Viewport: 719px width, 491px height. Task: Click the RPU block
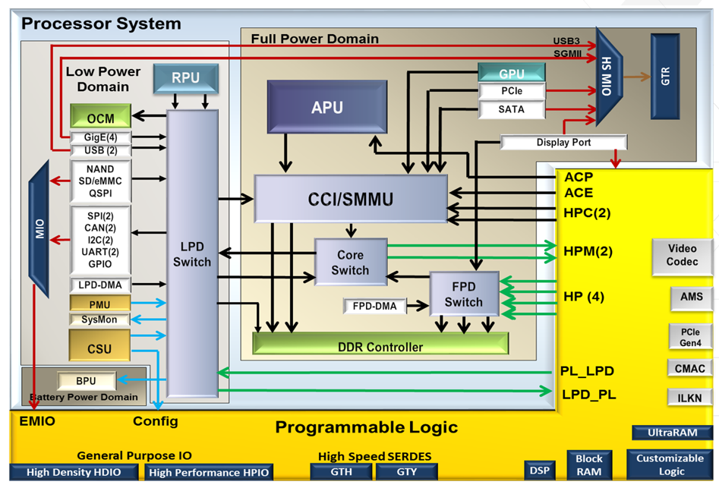pyautogui.click(x=186, y=78)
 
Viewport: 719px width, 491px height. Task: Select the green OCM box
pyautogui.click(x=100, y=117)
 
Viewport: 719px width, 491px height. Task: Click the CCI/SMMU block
pyautogui.click(x=350, y=200)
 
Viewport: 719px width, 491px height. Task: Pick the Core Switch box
pyautogui.click(x=350, y=263)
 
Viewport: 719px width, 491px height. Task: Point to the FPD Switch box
pyautogui.click(x=463, y=294)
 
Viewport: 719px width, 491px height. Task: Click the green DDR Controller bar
pyautogui.click(x=380, y=347)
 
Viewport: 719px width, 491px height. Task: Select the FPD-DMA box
pyautogui.click(x=374, y=307)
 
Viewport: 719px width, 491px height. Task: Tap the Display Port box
pyautogui.click(x=563, y=143)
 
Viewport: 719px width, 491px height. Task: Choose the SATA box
pyautogui.click(x=511, y=110)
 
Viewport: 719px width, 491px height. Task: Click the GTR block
pyautogui.click(x=666, y=76)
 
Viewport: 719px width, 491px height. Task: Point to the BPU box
pyautogui.click(x=87, y=380)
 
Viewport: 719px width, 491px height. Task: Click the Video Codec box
pyautogui.click(x=682, y=256)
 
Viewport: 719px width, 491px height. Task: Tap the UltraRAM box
pyautogui.click(x=671, y=433)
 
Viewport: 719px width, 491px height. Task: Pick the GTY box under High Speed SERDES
pyautogui.click(x=406, y=471)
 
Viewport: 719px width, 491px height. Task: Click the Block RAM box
pyautogui.click(x=588, y=464)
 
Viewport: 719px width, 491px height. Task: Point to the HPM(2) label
pyautogui.click(x=588, y=250)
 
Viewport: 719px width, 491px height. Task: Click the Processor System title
pyautogui.click(x=101, y=24)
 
